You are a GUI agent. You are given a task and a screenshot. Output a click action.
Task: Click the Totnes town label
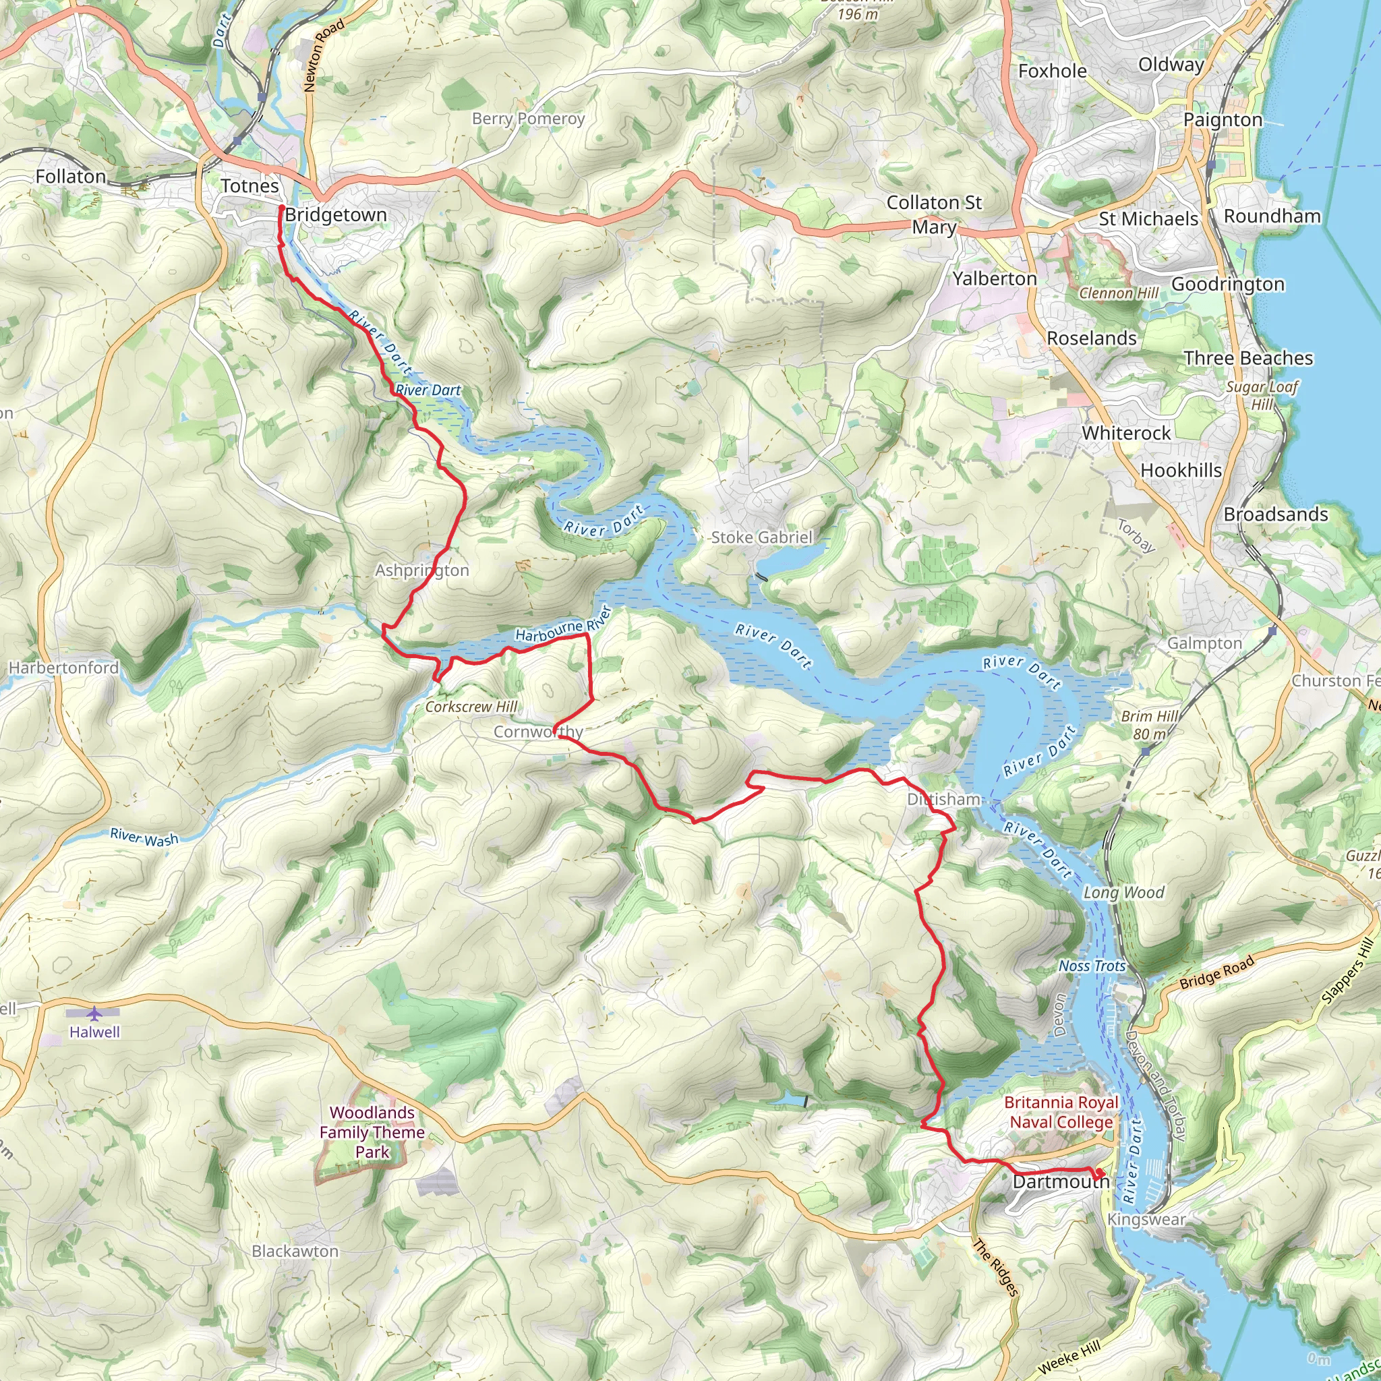[249, 186]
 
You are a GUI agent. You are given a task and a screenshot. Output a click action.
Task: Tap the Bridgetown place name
[335, 215]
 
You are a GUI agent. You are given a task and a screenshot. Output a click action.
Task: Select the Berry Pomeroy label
[528, 119]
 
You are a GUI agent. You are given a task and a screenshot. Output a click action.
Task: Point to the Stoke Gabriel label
[761, 537]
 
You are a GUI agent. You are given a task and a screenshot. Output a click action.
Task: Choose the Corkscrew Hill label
[471, 707]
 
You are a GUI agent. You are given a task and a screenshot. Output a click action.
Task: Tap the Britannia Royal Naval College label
[1061, 1112]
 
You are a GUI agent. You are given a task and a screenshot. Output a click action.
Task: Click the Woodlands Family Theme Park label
[372, 1132]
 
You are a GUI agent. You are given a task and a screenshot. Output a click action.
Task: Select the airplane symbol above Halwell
[94, 1013]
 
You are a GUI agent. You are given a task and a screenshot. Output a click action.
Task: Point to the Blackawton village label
[295, 1251]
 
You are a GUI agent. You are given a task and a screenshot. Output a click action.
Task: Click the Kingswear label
[1146, 1219]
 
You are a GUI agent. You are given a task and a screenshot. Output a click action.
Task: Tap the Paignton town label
[1223, 120]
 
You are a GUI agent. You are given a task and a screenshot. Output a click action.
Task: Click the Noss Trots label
[1092, 966]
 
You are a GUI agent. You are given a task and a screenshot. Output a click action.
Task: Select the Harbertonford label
[63, 668]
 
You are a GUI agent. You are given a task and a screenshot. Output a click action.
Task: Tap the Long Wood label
[1123, 892]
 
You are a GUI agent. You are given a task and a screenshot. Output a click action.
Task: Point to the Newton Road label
[324, 55]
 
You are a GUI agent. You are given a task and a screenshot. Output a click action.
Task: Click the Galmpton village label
[1204, 643]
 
